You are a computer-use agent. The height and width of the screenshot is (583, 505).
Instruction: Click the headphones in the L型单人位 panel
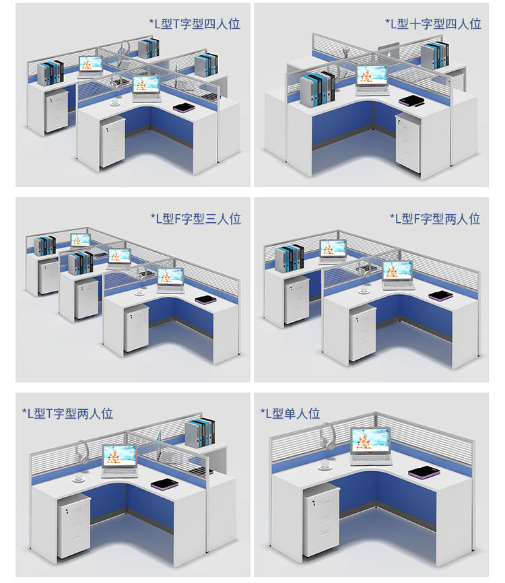[327, 436]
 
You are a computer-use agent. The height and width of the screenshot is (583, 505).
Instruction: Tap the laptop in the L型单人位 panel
[371, 446]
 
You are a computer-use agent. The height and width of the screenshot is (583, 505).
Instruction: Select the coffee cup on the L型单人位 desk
[325, 465]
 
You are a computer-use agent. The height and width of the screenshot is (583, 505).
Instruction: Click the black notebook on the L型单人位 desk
[424, 473]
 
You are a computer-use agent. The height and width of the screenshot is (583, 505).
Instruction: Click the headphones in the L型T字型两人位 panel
[82, 452]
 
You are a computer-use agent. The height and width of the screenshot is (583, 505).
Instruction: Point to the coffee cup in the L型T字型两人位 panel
[79, 477]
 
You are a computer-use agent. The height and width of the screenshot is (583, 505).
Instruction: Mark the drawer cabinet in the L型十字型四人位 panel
[408, 143]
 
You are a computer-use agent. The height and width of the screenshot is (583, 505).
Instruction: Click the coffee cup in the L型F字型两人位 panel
[364, 289]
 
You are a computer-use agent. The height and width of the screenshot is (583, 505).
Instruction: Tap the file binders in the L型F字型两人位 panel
[290, 259]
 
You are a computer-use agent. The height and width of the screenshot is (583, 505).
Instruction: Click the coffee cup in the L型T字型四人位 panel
[115, 102]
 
